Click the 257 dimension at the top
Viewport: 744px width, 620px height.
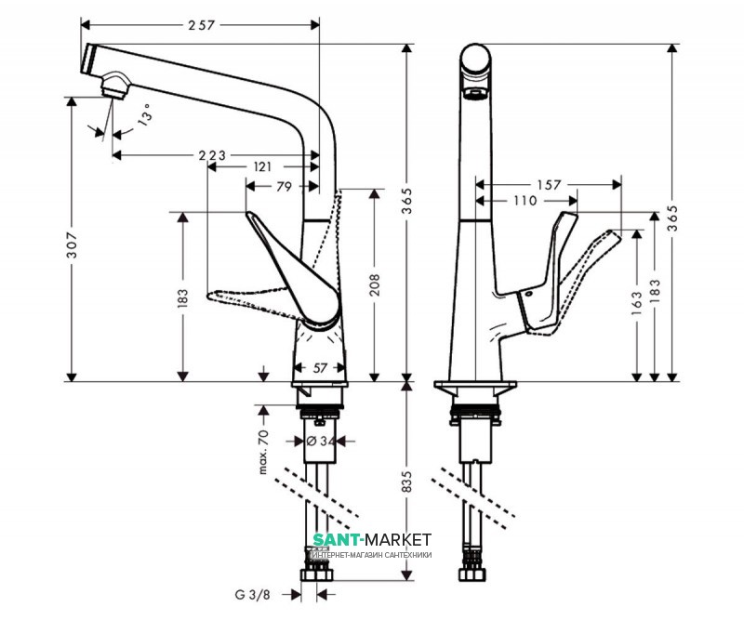[x=201, y=26]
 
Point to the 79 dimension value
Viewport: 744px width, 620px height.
[x=285, y=187]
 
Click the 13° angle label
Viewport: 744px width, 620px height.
[x=144, y=118]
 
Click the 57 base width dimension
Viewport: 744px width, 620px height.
[x=320, y=369]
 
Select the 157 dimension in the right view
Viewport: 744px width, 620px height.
[x=550, y=185]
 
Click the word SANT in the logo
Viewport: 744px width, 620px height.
[x=338, y=539]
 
